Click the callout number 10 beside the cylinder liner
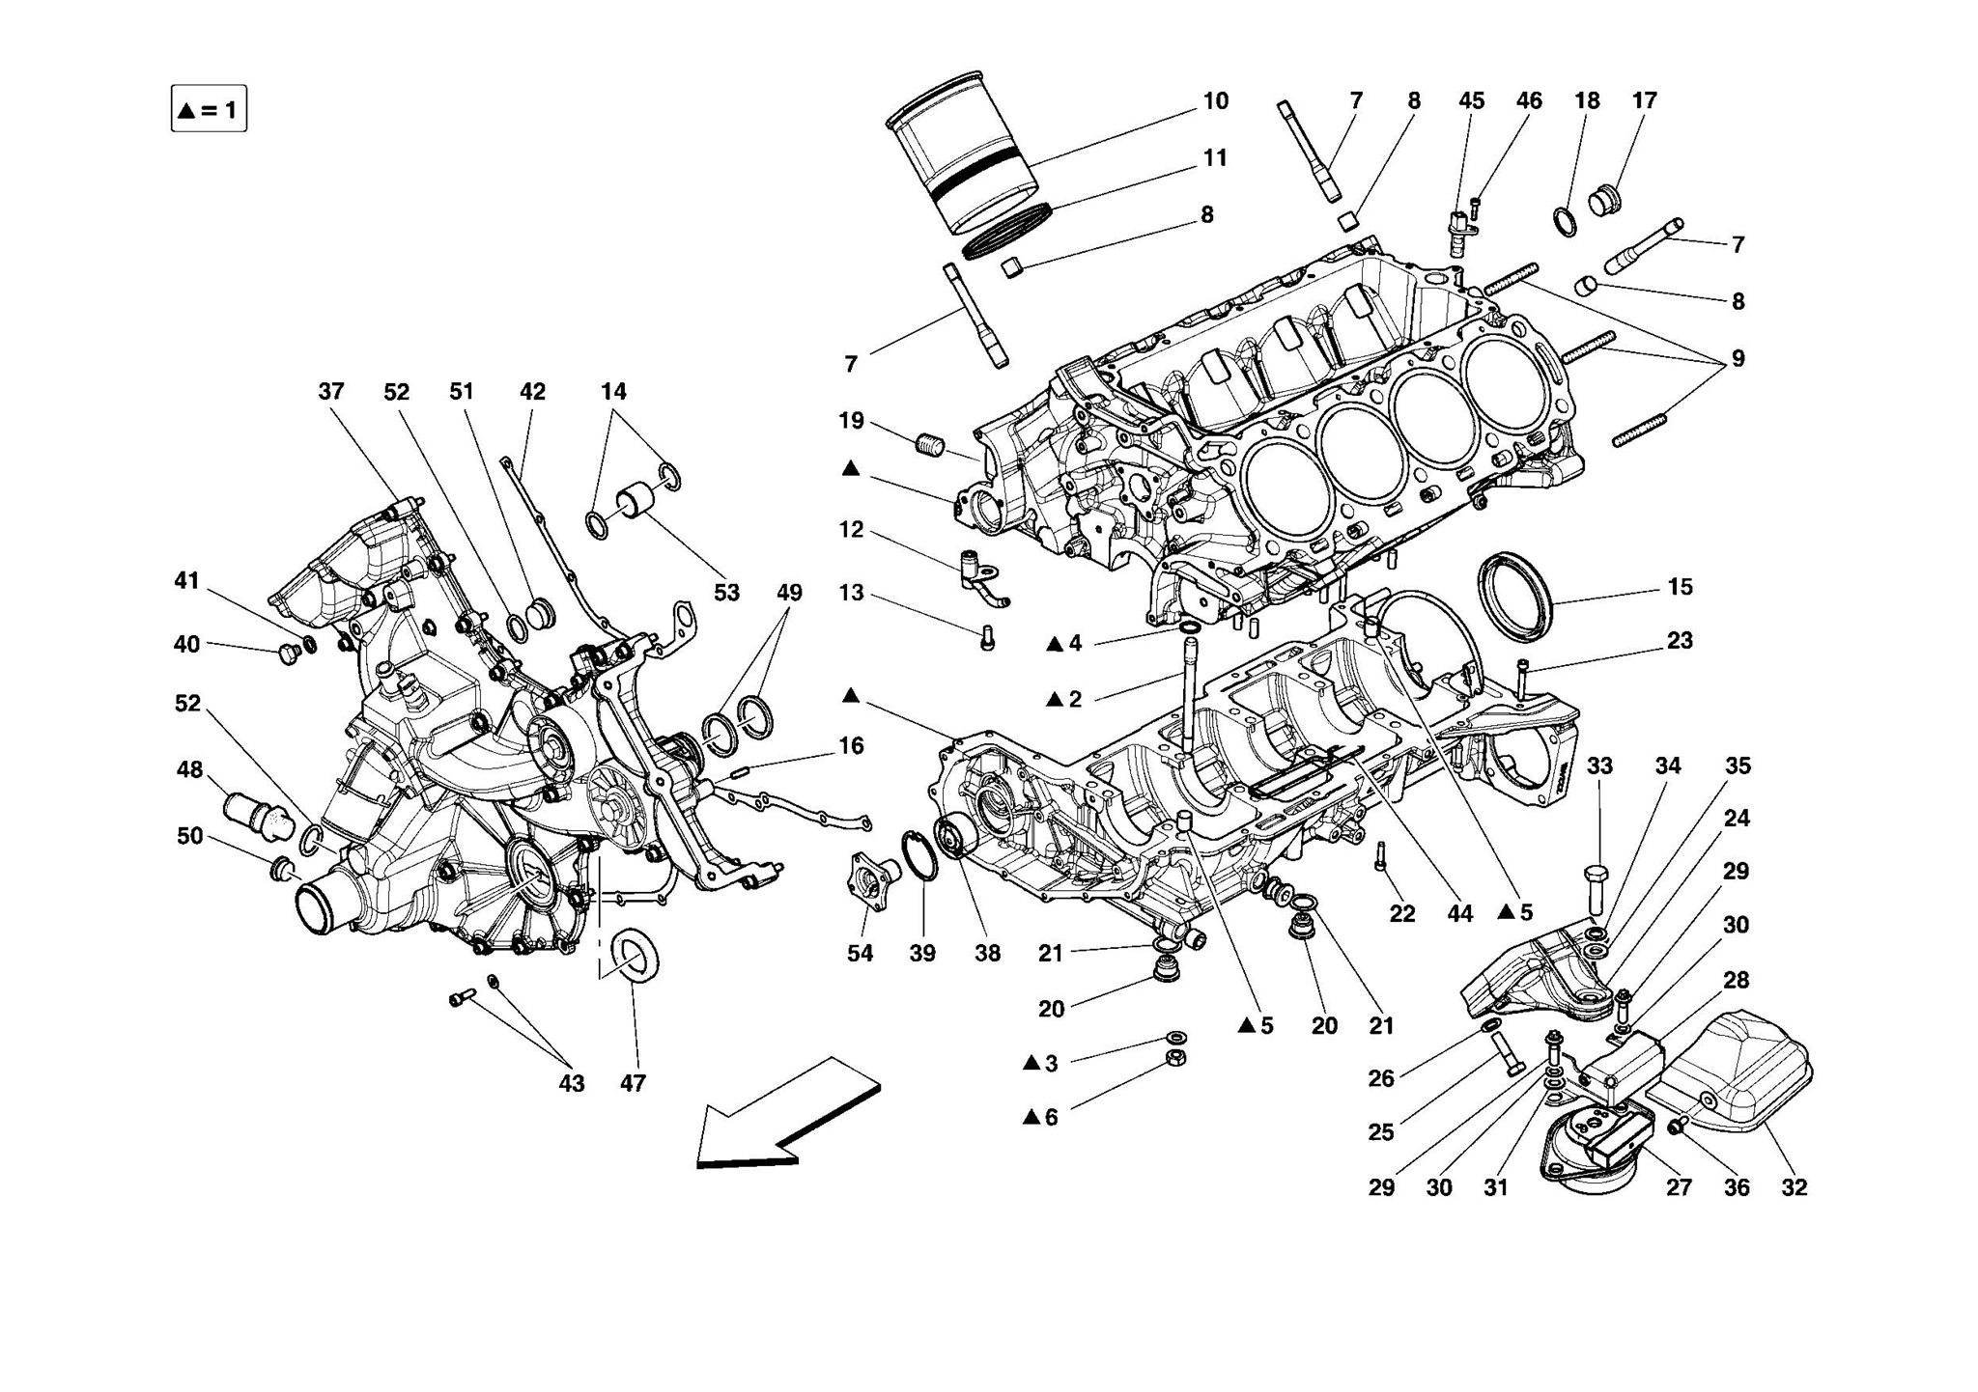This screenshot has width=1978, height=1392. coord(1215,101)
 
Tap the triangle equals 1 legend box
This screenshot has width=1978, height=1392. coord(209,109)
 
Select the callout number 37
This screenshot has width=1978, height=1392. coord(330,392)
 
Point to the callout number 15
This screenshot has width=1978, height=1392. coord(1680,587)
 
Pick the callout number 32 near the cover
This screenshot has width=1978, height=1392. coord(1794,1188)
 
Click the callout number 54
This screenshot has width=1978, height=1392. coord(860,954)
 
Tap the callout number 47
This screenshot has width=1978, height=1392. coord(633,1084)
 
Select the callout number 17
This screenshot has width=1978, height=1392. coord(1644,101)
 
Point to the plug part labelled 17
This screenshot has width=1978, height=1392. coord(1603,201)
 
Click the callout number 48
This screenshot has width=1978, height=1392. coord(189,770)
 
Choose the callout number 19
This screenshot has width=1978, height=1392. coord(851,421)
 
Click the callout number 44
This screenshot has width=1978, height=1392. coord(1459,913)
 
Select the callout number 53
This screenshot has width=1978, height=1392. coord(726,593)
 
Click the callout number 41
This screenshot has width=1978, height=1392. coord(186,581)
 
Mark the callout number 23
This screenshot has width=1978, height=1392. coord(1680,641)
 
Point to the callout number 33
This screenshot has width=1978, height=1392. coord(1599,766)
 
